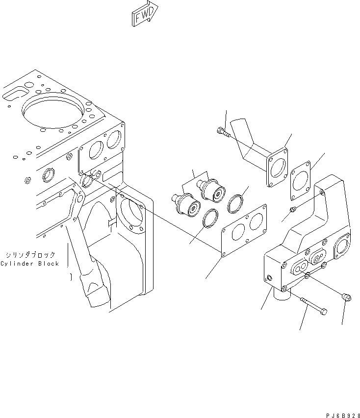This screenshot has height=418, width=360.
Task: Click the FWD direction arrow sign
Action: coord(145,14)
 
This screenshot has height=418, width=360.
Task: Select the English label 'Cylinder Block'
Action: coord(29,264)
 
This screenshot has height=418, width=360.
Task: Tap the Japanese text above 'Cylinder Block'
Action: coord(30,255)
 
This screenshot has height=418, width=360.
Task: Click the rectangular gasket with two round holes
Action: coord(244,230)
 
